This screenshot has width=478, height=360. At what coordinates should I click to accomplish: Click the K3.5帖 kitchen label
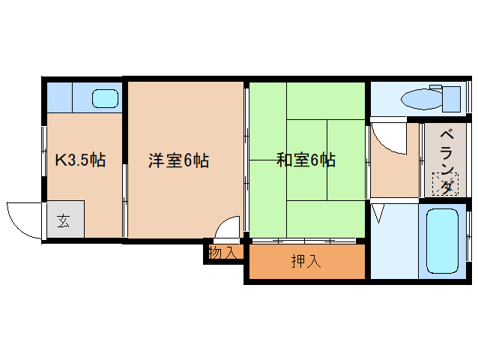81,160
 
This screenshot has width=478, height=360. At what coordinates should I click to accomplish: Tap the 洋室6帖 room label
178,160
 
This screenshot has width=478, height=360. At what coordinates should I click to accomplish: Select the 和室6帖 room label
306,160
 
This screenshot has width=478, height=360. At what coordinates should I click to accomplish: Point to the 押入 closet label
306,261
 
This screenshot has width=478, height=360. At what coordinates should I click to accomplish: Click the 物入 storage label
223,253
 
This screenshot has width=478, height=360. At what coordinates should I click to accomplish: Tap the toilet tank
451,97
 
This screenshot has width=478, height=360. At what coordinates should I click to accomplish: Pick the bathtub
441,240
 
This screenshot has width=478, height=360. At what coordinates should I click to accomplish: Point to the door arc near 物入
227,226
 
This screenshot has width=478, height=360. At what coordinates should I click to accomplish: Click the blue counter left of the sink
60,97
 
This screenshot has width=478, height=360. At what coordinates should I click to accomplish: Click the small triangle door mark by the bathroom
376,216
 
